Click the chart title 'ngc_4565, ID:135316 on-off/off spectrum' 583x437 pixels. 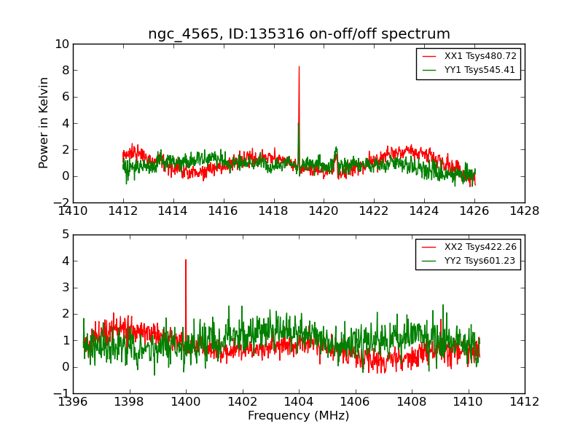pos(299,34)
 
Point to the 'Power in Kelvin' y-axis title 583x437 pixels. pos(44,122)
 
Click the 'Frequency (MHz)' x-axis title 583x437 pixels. pos(299,416)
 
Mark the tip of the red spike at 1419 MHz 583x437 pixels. pos(299,66)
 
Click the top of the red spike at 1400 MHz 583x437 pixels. pos(186,259)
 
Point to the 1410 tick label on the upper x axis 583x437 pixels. pos(73,211)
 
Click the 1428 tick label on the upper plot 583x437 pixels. pos(525,211)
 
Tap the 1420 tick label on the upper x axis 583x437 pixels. pos(324,211)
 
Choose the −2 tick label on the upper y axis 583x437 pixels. pos(61,202)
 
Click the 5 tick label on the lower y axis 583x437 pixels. pos(66,235)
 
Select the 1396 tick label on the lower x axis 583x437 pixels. pos(73,402)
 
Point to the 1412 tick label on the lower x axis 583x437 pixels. pos(525,402)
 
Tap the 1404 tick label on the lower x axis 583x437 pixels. pos(299,402)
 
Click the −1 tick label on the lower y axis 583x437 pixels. pos(61,393)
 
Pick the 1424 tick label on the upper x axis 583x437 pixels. pos(424,211)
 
